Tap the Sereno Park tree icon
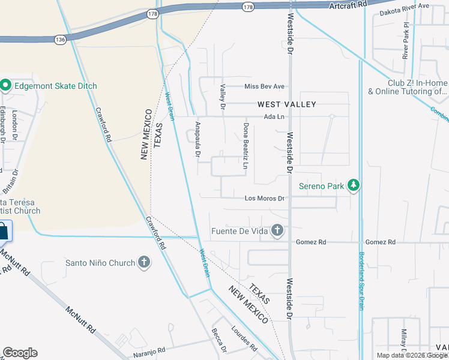click(x=354, y=186)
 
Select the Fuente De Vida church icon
click(x=277, y=230)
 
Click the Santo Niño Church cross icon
click(x=143, y=262)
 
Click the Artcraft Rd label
click(x=348, y=5)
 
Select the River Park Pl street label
click(x=406, y=41)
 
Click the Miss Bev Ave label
click(x=264, y=86)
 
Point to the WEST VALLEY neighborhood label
click(x=287, y=104)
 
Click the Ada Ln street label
click(x=273, y=117)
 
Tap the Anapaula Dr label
click(x=197, y=139)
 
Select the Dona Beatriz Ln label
click(x=246, y=146)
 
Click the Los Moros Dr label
click(x=264, y=198)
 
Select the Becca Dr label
click(x=219, y=341)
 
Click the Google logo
click(x=20, y=353)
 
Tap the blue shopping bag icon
click(x=4, y=230)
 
